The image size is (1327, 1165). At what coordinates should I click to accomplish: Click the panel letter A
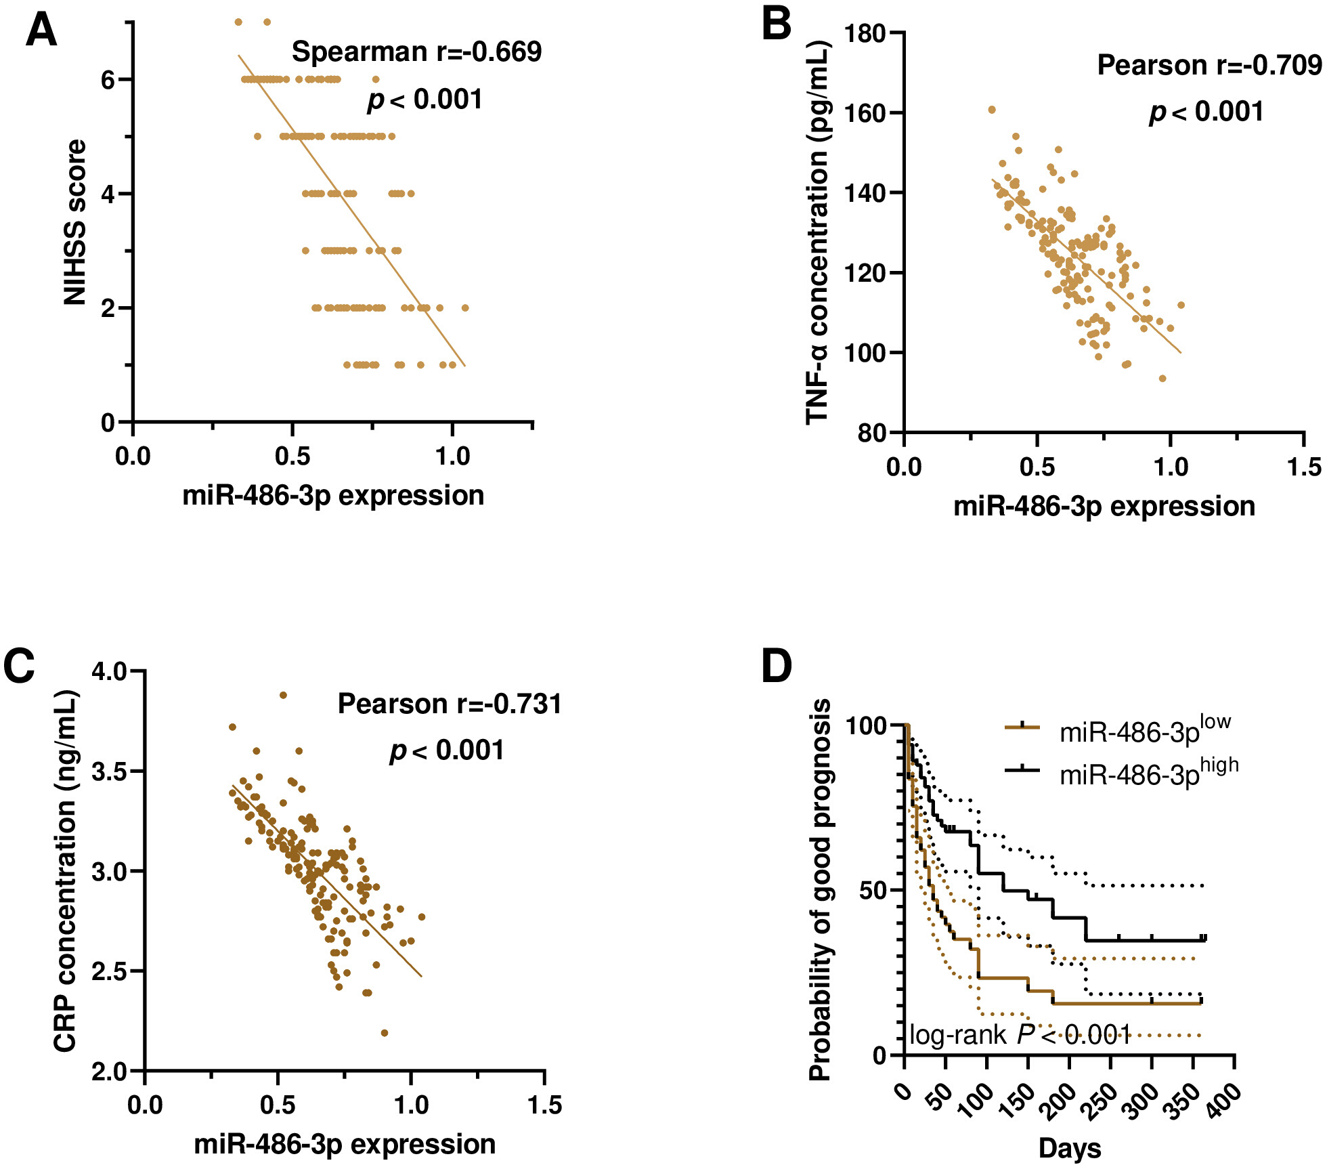(x=41, y=32)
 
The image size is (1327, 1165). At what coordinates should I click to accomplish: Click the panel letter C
(x=19, y=666)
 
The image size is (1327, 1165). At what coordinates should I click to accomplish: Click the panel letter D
(x=777, y=665)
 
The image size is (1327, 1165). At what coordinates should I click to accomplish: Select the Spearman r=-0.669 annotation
(x=416, y=51)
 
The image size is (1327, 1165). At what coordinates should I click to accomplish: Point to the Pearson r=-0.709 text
(x=1209, y=65)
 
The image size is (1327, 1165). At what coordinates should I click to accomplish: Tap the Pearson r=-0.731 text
(x=450, y=704)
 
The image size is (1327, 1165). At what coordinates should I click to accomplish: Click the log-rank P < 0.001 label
(x=1020, y=1034)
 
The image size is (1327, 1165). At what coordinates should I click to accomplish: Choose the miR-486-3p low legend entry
(x=1118, y=730)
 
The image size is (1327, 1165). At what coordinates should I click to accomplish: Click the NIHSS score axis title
(x=75, y=222)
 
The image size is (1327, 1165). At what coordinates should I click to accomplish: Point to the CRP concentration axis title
(x=66, y=872)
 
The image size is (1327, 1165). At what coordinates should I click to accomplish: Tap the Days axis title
(x=1070, y=1148)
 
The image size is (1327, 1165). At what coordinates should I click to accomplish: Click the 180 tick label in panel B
(x=865, y=33)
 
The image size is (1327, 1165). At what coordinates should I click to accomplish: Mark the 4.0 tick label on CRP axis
(x=109, y=671)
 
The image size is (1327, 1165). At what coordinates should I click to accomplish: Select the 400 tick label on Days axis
(x=1224, y=1095)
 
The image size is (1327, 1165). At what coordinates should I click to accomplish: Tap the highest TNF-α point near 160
(x=992, y=110)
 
